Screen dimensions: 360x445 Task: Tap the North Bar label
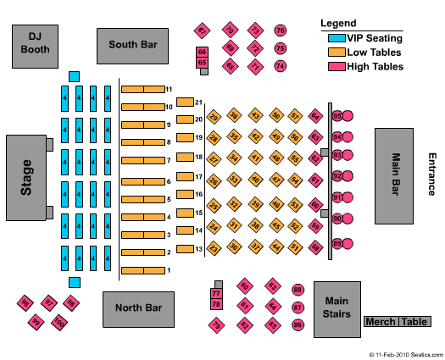pyautogui.click(x=138, y=309)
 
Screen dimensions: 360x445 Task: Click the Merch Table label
pyautogui.click(x=396, y=321)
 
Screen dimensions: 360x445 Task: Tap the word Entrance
pyautogui.click(x=431, y=174)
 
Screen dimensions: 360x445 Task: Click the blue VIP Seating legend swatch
pyautogui.click(x=335, y=37)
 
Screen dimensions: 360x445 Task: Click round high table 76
pyautogui.click(x=281, y=31)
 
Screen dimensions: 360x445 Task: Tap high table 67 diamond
pyautogui.click(x=203, y=31)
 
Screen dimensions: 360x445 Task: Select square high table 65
pyautogui.click(x=202, y=63)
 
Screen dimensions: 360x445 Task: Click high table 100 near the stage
pyautogui.click(x=58, y=322)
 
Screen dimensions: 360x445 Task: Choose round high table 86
pyautogui.click(x=298, y=324)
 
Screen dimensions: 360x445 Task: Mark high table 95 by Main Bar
pyautogui.click(x=337, y=116)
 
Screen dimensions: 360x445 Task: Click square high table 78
pyautogui.click(x=215, y=304)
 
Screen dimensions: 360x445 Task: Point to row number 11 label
pyautogui.click(x=170, y=89)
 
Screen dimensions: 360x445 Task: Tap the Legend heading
pyautogui.click(x=338, y=23)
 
